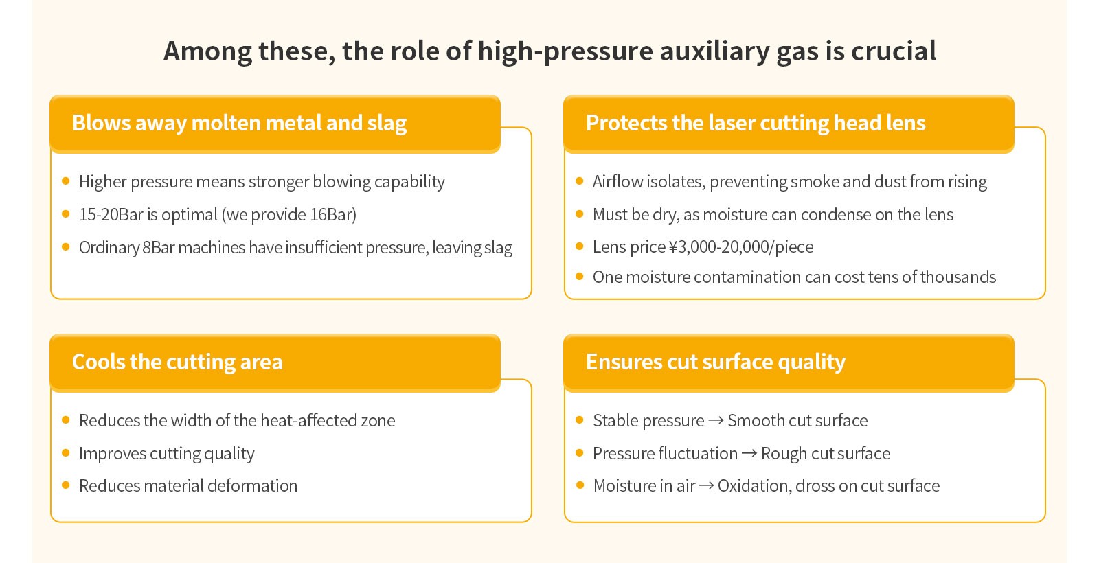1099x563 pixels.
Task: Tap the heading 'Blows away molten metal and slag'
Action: tap(240, 123)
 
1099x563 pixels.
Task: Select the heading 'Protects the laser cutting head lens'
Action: tap(756, 123)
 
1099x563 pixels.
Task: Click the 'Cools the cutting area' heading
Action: tap(178, 362)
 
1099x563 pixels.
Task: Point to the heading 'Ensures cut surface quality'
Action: tap(716, 362)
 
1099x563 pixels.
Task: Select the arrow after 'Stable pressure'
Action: tap(716, 420)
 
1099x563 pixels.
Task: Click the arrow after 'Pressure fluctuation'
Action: tap(749, 453)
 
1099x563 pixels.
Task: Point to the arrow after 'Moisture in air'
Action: tap(707, 485)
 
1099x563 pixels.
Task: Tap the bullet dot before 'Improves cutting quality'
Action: tap(66, 452)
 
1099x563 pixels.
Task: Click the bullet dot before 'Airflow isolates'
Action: tap(580, 181)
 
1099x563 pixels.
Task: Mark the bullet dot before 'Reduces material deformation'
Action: tap(66, 485)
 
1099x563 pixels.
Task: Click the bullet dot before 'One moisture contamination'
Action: tap(580, 277)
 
